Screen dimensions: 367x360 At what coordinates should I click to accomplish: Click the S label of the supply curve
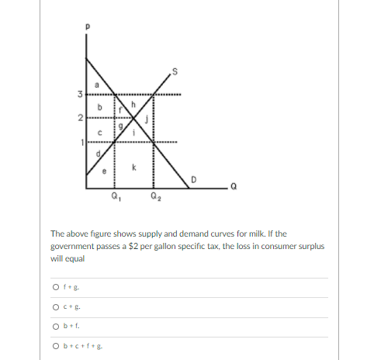coord(177,73)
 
